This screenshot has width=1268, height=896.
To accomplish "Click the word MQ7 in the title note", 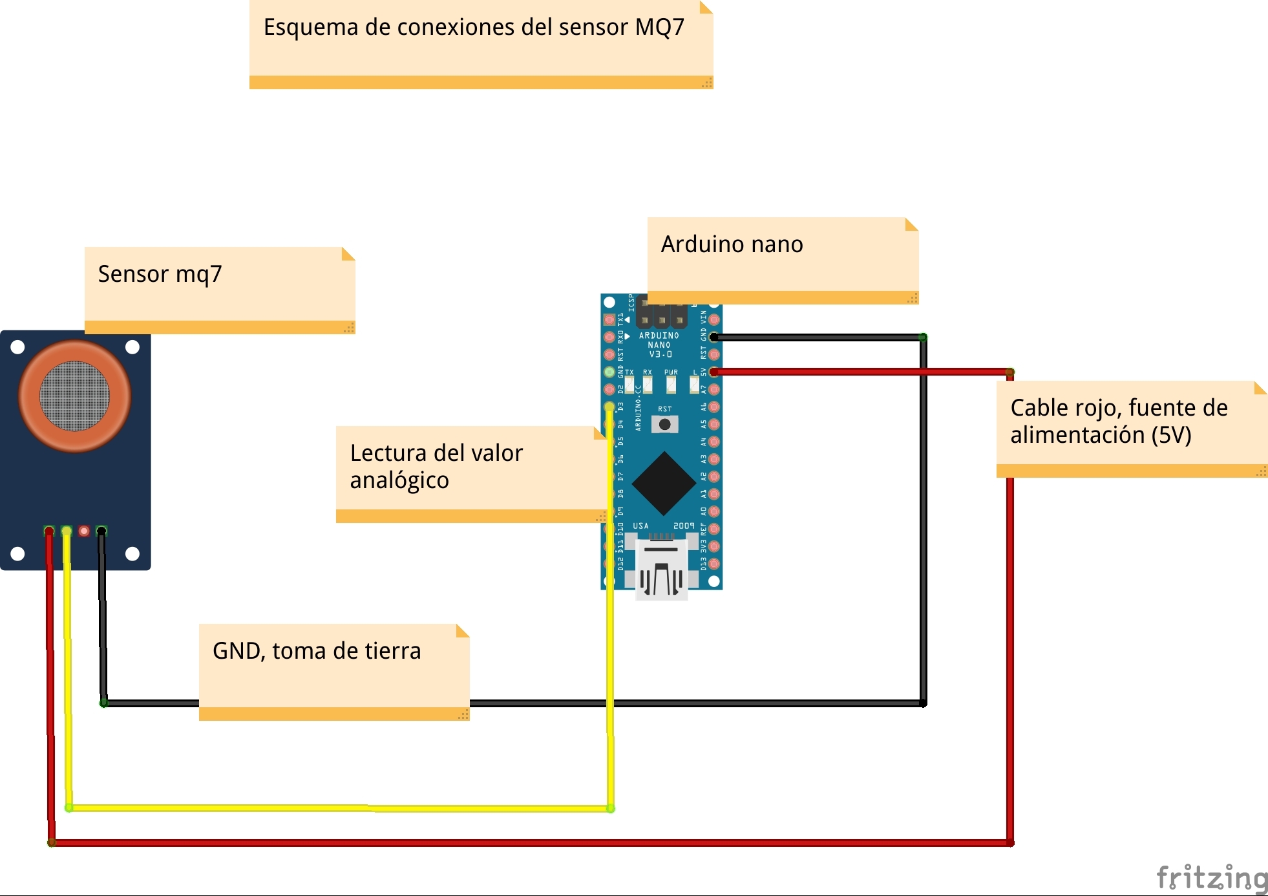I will pyautogui.click(x=659, y=27).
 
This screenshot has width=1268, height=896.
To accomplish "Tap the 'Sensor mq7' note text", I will pyautogui.click(x=160, y=274).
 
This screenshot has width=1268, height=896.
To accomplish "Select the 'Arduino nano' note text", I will pyautogui.click(x=732, y=244).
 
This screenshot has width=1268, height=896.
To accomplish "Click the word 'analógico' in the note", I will pyautogui.click(x=399, y=480).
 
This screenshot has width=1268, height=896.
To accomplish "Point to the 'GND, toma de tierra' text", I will pyautogui.click(x=317, y=651).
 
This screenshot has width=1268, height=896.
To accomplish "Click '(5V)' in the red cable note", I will pyautogui.click(x=1171, y=435).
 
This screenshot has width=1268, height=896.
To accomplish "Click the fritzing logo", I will pyautogui.click(x=1212, y=878).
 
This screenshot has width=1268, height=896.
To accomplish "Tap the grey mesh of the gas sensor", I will pyautogui.click(x=75, y=396).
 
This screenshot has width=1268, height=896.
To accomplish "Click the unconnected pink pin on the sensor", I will pyautogui.click(x=84, y=531).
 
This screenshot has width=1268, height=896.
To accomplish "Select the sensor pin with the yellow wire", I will pyautogui.click(x=67, y=531).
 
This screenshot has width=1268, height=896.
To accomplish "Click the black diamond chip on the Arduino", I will pyautogui.click(x=664, y=483).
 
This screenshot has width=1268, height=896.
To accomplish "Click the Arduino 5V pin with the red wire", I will pyautogui.click(x=714, y=372).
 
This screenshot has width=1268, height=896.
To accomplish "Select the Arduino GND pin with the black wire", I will pyautogui.click(x=714, y=337).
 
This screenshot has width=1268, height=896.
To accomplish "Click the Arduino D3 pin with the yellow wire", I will pyautogui.click(x=609, y=407).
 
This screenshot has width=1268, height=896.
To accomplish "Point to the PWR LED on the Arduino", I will pyautogui.click(x=671, y=384).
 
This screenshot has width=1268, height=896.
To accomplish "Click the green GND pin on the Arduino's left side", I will pyautogui.click(x=609, y=372).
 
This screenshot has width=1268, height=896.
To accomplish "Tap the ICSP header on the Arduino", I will pyautogui.click(x=661, y=313).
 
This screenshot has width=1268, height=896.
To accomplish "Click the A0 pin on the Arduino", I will pyautogui.click(x=714, y=511).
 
